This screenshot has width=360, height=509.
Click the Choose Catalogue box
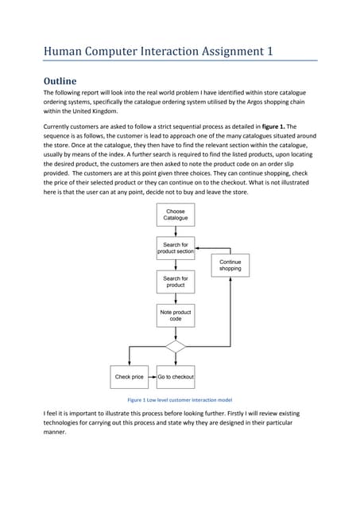(176, 214)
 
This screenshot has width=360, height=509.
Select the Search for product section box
(176, 248)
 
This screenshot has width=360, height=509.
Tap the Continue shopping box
(230, 265)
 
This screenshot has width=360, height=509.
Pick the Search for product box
(176, 282)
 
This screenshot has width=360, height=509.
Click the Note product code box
(176, 316)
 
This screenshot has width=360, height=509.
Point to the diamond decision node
(176, 346)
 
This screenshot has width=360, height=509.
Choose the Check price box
(130, 376)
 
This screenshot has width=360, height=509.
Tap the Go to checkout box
(176, 376)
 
